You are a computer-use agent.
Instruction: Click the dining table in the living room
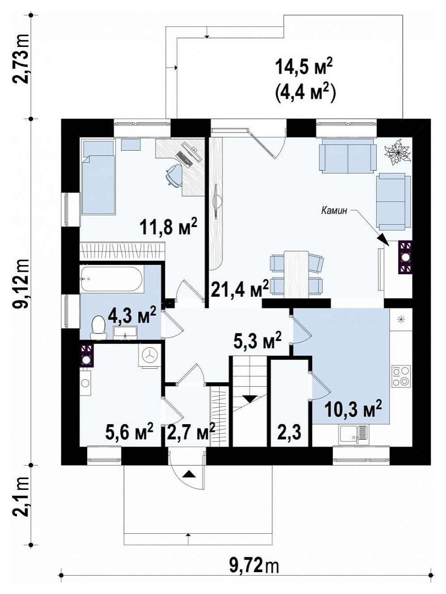(296, 274)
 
